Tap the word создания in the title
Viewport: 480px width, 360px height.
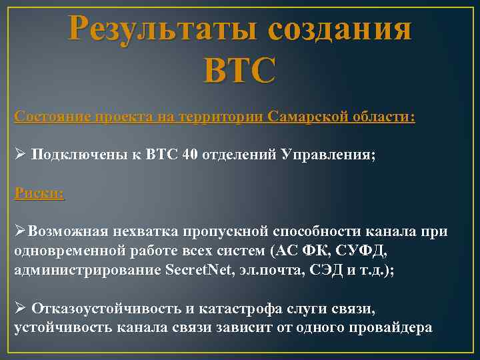(341, 31)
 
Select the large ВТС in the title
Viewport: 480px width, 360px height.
(241, 70)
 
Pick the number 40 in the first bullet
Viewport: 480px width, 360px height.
(189, 155)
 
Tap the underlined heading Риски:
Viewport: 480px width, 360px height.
(39, 193)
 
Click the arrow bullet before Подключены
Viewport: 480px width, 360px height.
(20, 155)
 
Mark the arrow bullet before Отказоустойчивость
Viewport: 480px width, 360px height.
(20, 308)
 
